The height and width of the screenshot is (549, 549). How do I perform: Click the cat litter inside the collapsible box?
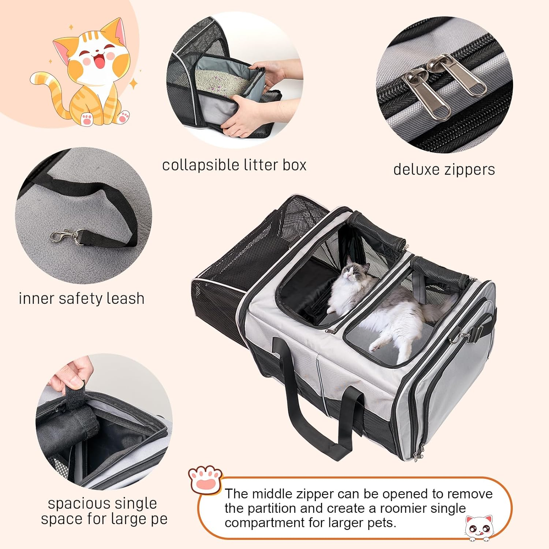pos(220,81)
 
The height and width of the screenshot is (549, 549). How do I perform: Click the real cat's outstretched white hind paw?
pos(377,344)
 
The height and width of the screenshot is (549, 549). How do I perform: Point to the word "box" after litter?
pos(294,165)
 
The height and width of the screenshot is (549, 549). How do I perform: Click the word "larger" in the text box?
pos(349,523)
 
